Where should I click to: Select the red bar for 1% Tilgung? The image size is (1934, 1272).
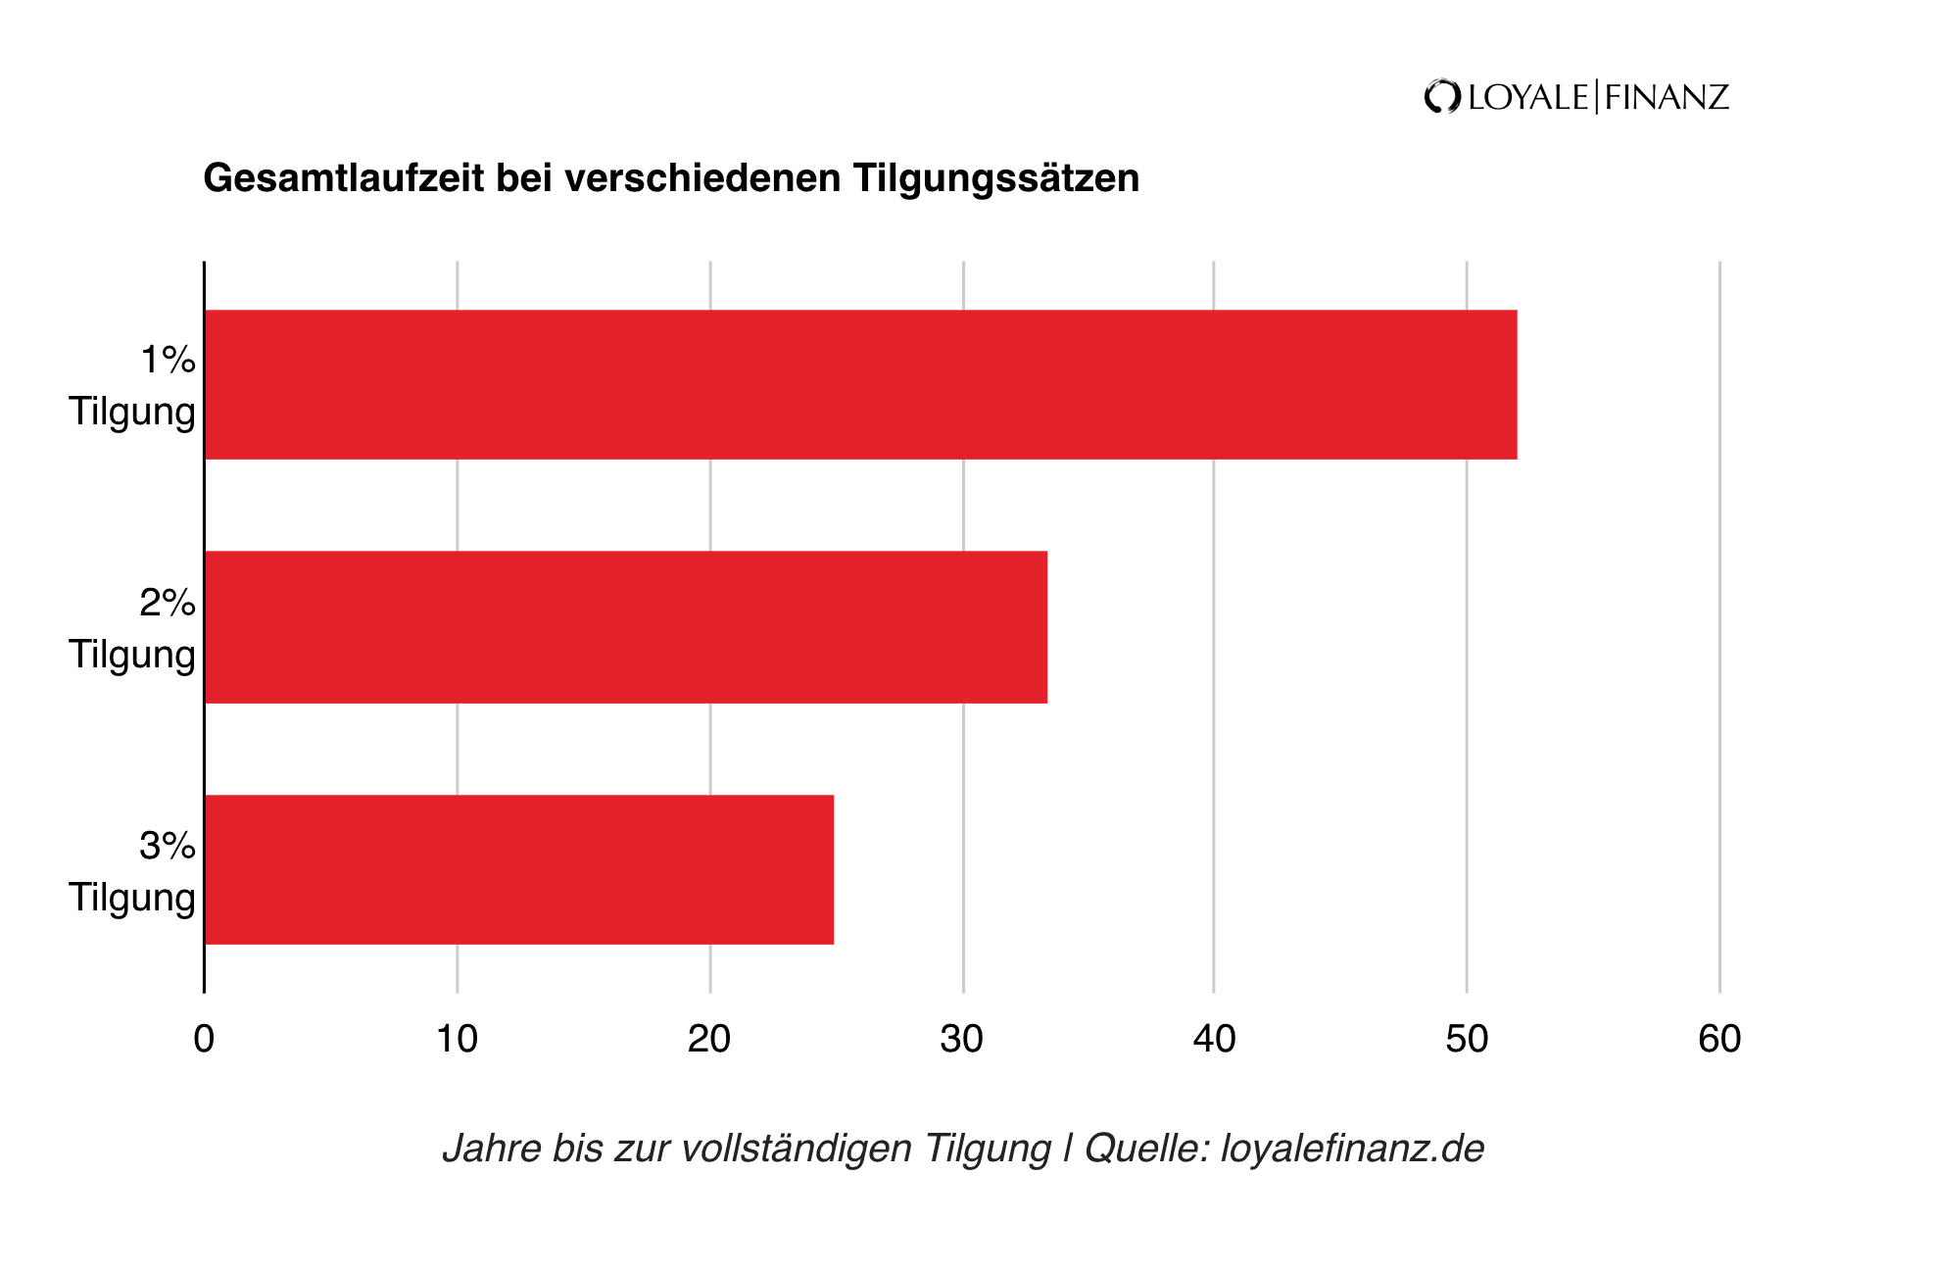coord(860,384)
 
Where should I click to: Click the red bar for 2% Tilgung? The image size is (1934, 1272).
coord(626,627)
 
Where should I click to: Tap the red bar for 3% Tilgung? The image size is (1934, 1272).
coord(519,869)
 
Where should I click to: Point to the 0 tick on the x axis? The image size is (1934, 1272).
coord(204,1039)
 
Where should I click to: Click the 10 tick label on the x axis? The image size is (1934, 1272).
coord(457,1039)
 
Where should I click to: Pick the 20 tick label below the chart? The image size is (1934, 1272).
coord(709,1039)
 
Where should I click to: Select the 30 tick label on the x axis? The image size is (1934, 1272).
coord(962,1039)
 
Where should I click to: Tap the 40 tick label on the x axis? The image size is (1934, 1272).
coord(1214,1039)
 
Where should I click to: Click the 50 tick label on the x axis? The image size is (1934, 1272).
coord(1467,1039)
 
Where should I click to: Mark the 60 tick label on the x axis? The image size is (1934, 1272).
coord(1719,1039)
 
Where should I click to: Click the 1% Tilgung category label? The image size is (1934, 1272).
coord(133,385)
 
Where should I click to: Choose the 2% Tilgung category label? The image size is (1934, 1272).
coord(133,628)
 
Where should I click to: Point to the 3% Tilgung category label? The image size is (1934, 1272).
coord(133,871)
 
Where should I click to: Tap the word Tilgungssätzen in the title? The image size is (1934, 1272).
coord(995,178)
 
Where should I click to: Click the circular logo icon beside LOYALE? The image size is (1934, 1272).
coord(1442,97)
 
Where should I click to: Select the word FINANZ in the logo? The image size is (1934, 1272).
coord(1667,97)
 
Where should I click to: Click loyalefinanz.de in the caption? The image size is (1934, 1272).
coord(1352,1148)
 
